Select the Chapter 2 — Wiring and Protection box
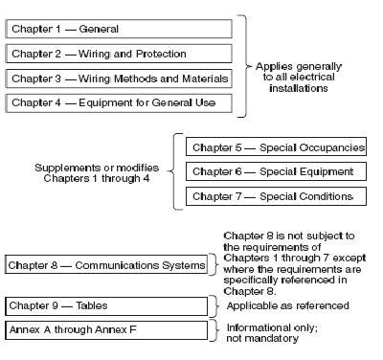click(118, 54)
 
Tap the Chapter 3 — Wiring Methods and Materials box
click(118, 78)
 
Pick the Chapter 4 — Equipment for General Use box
click(118, 102)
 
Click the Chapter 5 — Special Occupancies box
click(276, 148)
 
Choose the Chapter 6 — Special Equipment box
click(276, 172)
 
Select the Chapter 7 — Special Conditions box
click(276, 196)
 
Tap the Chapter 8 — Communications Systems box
click(106, 263)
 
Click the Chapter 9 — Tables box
click(106, 305)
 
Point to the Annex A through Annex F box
click(106, 330)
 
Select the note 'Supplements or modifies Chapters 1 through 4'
click(93, 172)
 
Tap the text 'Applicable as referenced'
click(286, 305)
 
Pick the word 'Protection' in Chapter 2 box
click(159, 54)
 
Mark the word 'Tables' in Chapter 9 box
click(88, 305)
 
